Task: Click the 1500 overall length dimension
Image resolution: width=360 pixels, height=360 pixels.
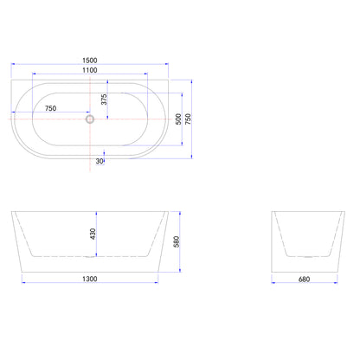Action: (x=90, y=61)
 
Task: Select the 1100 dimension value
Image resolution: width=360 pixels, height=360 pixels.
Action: (x=90, y=70)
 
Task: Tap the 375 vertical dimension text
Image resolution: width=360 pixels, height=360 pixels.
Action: (x=104, y=100)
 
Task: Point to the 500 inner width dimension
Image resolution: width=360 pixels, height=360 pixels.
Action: (x=178, y=119)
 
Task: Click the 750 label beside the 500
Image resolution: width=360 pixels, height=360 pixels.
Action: (x=188, y=119)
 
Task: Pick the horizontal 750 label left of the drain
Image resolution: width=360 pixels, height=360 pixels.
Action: (x=50, y=108)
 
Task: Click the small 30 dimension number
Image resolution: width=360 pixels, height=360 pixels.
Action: (x=100, y=161)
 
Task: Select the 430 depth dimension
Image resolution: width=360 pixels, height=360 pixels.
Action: (x=93, y=234)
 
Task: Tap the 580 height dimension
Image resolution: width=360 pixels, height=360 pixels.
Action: (x=177, y=241)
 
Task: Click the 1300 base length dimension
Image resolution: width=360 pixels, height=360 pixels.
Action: (x=90, y=279)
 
